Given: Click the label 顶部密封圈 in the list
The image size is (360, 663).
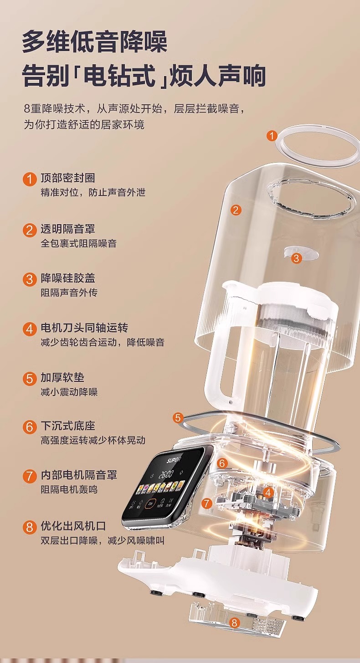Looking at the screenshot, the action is (68, 178).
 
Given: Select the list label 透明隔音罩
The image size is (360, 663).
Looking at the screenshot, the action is (68, 229).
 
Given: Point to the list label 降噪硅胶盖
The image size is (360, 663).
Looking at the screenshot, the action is (68, 278).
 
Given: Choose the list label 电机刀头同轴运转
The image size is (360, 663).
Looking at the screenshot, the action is (84, 328).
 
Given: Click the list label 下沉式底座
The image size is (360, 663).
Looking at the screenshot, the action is (68, 426).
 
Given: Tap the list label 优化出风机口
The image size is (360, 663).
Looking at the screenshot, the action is (73, 526).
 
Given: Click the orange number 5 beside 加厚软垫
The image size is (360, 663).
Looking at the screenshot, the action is (29, 379).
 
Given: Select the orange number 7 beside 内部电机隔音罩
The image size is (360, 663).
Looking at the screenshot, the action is (29, 476).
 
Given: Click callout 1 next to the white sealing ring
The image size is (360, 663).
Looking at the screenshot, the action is (272, 136).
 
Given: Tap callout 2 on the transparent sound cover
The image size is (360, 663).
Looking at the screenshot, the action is (236, 210).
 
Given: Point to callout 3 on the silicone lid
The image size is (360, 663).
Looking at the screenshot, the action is (296, 258).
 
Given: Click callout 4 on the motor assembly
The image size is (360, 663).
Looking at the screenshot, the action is (268, 493).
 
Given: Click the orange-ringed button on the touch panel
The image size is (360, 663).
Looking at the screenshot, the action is (151, 504).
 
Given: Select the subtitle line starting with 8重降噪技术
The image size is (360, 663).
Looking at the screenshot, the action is (135, 108).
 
